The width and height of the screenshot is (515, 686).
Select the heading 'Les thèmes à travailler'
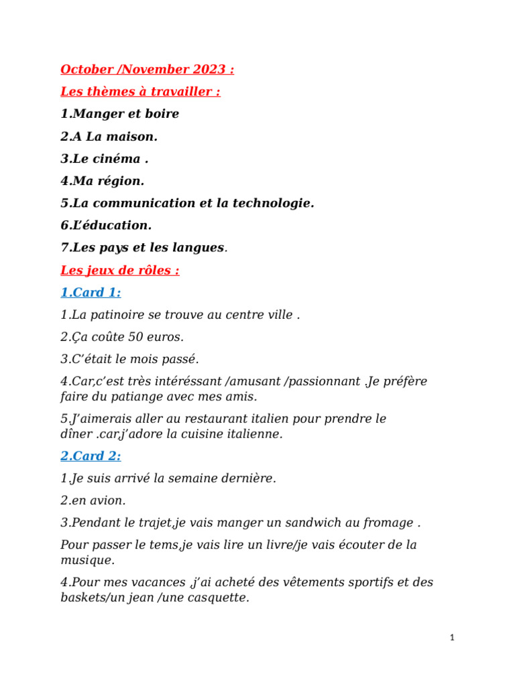coord(140,92)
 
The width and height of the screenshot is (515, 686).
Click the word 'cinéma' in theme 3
coord(118,159)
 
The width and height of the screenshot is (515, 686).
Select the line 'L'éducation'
coord(106,225)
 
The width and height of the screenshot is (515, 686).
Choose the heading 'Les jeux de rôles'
coord(119,271)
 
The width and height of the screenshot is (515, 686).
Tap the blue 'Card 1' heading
coord(91,293)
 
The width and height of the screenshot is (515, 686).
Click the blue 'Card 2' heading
coord(91,456)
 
